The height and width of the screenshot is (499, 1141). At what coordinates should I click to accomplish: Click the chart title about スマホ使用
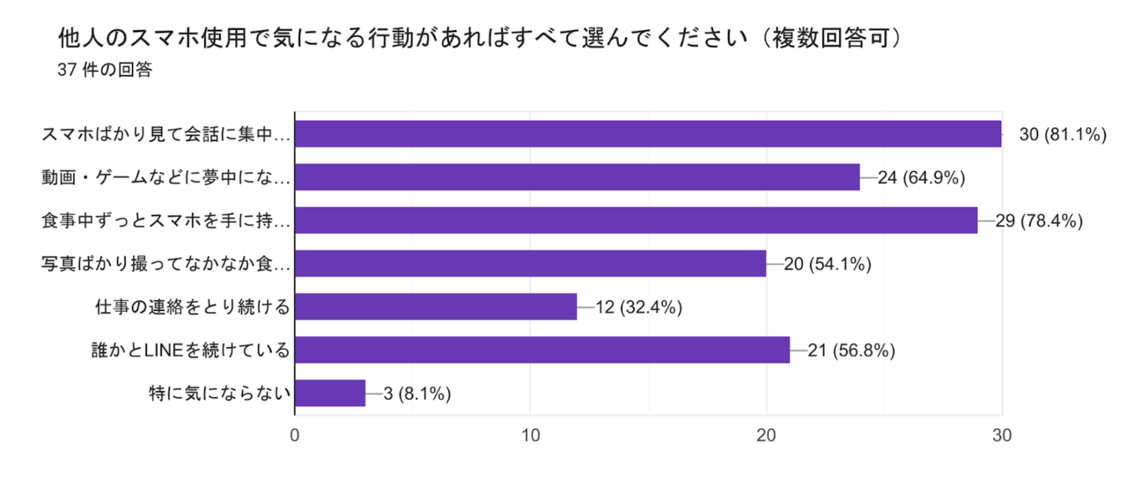point(481,38)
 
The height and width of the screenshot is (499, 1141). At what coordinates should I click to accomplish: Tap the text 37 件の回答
point(105,70)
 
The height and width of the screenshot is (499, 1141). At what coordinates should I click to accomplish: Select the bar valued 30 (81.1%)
point(647,134)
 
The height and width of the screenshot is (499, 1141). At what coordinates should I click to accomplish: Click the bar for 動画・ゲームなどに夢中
point(577,177)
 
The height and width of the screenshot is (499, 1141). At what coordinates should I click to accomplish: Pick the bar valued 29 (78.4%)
point(636,220)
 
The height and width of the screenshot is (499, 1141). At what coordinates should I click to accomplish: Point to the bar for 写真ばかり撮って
point(530,264)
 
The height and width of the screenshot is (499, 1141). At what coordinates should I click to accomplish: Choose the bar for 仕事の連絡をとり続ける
point(435,307)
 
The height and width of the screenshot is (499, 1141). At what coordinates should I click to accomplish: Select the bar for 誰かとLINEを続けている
point(542,350)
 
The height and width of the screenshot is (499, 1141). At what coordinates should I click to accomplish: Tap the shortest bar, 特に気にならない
point(330,393)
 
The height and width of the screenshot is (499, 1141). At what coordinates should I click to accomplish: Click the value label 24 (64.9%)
point(921,178)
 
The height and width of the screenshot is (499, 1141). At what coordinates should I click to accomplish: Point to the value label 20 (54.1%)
point(827,264)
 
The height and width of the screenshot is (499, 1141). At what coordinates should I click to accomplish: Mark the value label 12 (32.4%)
point(639,308)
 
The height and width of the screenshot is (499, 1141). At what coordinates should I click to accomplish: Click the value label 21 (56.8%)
point(851,350)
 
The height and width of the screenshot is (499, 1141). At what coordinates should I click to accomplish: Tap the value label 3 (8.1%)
point(417,394)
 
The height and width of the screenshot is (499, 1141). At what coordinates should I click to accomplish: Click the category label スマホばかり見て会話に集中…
point(165,135)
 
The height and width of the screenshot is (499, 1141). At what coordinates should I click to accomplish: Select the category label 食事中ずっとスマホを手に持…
point(165,221)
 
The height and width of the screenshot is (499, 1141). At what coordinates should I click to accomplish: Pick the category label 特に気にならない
point(219,393)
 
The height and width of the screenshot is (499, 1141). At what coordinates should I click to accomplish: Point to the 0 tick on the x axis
point(294,435)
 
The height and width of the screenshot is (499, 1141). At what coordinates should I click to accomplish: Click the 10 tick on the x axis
point(530,435)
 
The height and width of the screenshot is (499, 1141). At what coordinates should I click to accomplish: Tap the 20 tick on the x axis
point(766,435)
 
